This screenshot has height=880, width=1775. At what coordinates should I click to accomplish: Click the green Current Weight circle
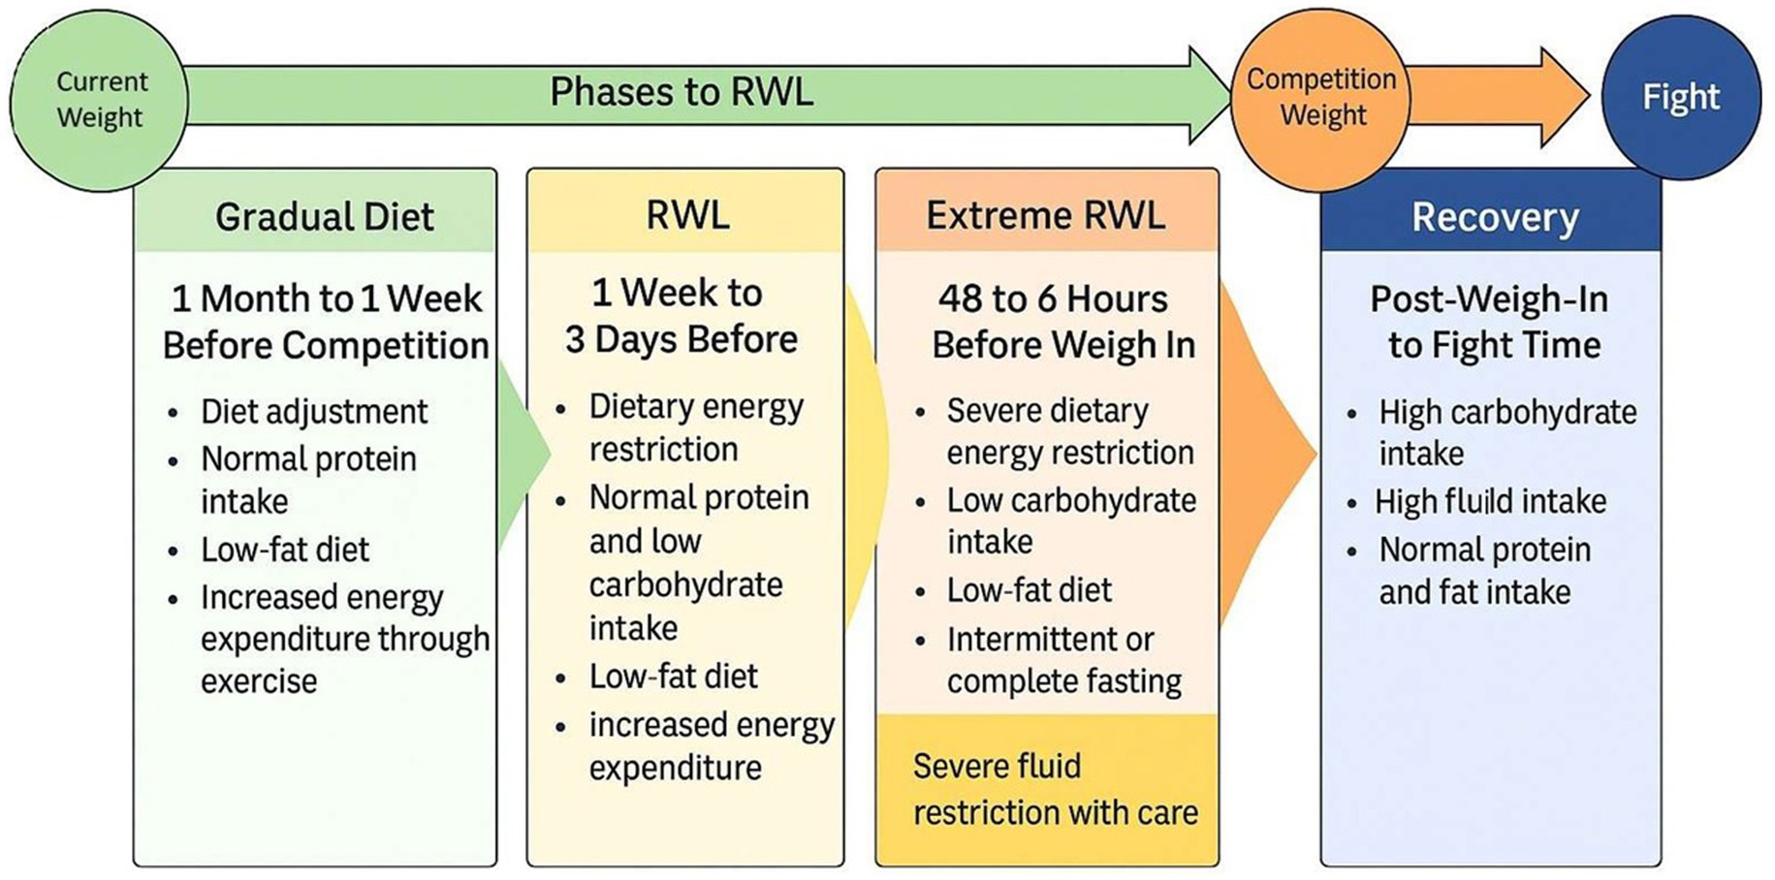tap(100, 99)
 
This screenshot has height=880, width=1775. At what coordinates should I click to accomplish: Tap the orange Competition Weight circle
tap(1320, 97)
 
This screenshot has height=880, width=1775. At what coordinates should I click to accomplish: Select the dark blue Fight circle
tap(1680, 97)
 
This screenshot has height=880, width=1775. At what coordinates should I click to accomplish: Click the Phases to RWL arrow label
tap(681, 92)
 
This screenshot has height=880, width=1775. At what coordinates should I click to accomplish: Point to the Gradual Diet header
tap(324, 216)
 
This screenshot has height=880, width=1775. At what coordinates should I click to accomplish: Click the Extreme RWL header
tap(1045, 214)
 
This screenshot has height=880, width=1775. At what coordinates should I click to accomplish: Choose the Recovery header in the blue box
tap(1494, 217)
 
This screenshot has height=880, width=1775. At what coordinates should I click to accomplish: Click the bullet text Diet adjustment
tap(313, 411)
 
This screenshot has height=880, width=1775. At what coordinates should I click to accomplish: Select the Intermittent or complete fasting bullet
tap(1063, 660)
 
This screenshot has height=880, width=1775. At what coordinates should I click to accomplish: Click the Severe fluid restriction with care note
tap(1055, 789)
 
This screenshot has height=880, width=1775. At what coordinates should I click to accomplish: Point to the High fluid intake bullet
tap(1490, 501)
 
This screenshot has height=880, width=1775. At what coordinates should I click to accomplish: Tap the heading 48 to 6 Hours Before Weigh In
tap(1062, 322)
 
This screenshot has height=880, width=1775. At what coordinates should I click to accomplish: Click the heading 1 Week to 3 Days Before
tap(681, 316)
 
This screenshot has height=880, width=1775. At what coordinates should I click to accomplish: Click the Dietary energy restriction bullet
tap(695, 427)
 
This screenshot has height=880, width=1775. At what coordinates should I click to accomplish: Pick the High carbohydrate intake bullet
tap(1506, 432)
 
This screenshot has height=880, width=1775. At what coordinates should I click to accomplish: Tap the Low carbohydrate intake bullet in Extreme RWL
tap(1070, 520)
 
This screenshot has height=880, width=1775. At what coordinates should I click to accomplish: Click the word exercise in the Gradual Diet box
tap(259, 681)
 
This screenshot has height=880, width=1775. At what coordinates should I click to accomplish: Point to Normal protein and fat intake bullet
tap(1483, 571)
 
